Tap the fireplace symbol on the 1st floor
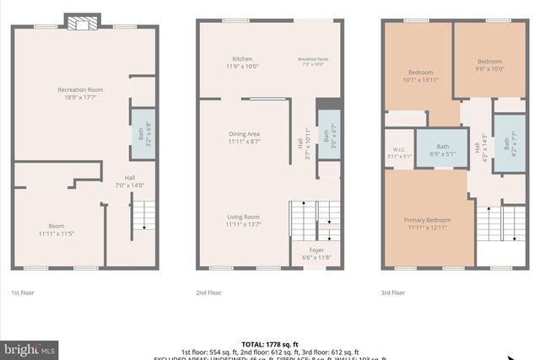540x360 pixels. pyautogui.click(x=83, y=23)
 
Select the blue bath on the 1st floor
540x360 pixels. pyautogui.click(x=142, y=133)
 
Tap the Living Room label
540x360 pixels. pyautogui.click(x=242, y=220)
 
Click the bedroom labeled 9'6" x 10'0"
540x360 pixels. pyautogui.click(x=489, y=65)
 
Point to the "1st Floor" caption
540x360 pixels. pyautogui.click(x=22, y=293)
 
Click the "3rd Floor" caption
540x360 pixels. pyautogui.click(x=393, y=293)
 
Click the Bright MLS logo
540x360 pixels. pyautogui.click(x=30, y=348)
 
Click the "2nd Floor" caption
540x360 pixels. pyautogui.click(x=208, y=293)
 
